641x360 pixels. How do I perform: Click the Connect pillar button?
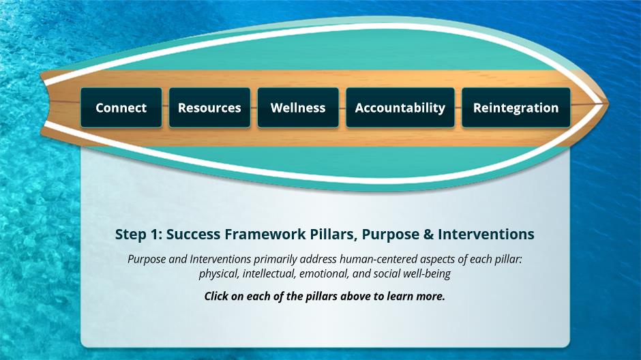121,108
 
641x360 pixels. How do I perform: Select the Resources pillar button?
210,108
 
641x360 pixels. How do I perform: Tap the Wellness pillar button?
298,108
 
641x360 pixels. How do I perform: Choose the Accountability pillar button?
400,108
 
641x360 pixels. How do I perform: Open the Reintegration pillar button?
516,108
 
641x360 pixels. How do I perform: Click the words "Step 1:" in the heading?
138,235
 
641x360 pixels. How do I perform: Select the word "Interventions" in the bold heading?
486,234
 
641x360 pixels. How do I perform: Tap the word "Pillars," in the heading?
333,235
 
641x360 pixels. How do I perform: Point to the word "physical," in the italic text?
219,274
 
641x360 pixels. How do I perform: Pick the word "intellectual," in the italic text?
269,274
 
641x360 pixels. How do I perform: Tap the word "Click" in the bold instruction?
216,297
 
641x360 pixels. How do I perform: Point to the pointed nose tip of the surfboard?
608,104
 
